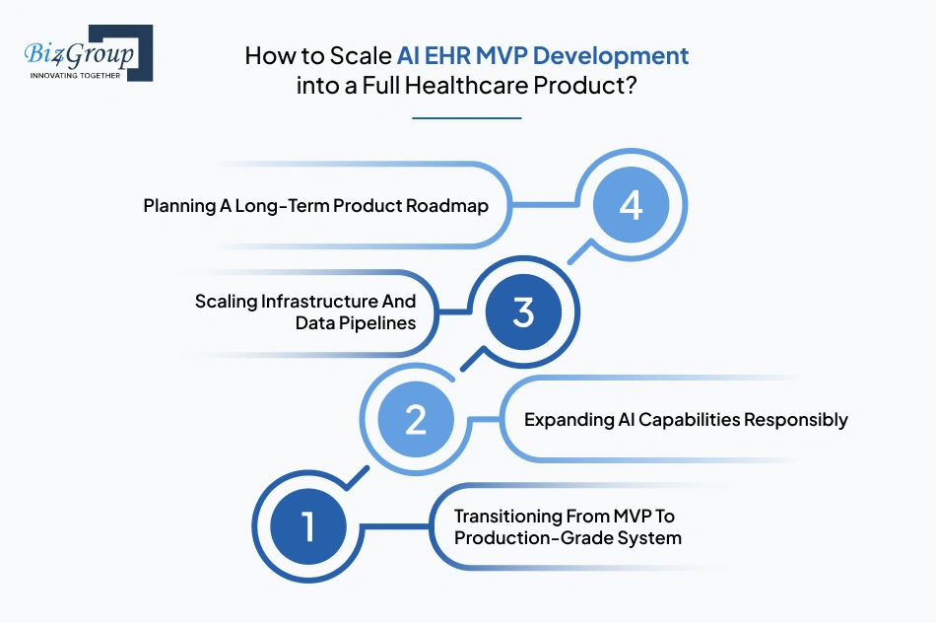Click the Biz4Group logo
87,52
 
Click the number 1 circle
307,525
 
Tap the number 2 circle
416,420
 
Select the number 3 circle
522,312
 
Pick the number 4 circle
631,206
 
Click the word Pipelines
379,322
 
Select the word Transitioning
508,516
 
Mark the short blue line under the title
467,118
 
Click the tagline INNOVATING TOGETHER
76,75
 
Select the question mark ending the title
630,85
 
